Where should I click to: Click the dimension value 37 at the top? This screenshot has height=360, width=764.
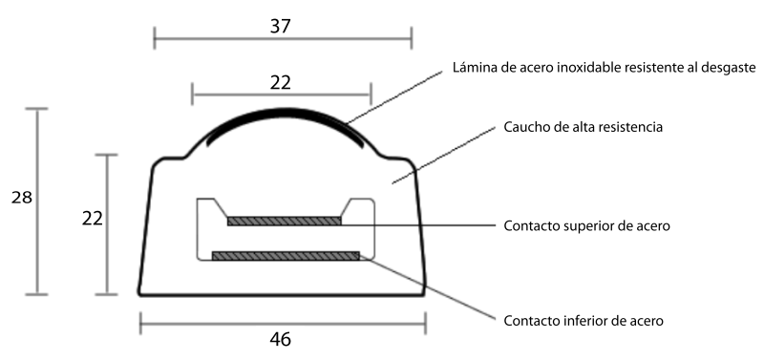click(280, 26)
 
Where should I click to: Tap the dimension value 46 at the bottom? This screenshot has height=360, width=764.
click(280, 340)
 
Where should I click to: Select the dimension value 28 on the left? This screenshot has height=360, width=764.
click(21, 198)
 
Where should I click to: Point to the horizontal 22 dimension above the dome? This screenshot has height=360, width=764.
click(280, 83)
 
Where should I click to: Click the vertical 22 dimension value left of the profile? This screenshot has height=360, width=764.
click(92, 219)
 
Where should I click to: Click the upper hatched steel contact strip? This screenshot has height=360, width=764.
click(284, 222)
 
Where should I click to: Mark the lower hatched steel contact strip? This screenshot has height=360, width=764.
click(286, 256)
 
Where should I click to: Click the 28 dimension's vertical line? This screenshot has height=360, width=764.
click(36, 201)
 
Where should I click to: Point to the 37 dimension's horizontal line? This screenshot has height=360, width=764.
click(283, 38)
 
